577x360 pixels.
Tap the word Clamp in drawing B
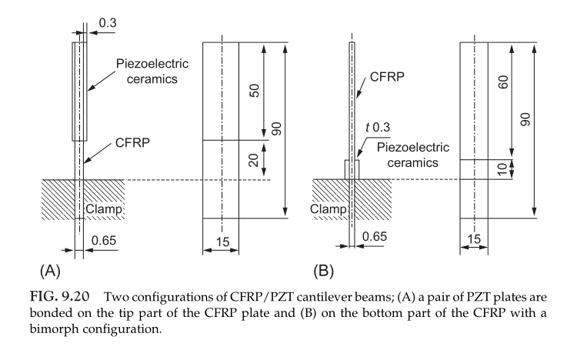tap(328, 208)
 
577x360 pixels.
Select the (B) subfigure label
tap(324, 271)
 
